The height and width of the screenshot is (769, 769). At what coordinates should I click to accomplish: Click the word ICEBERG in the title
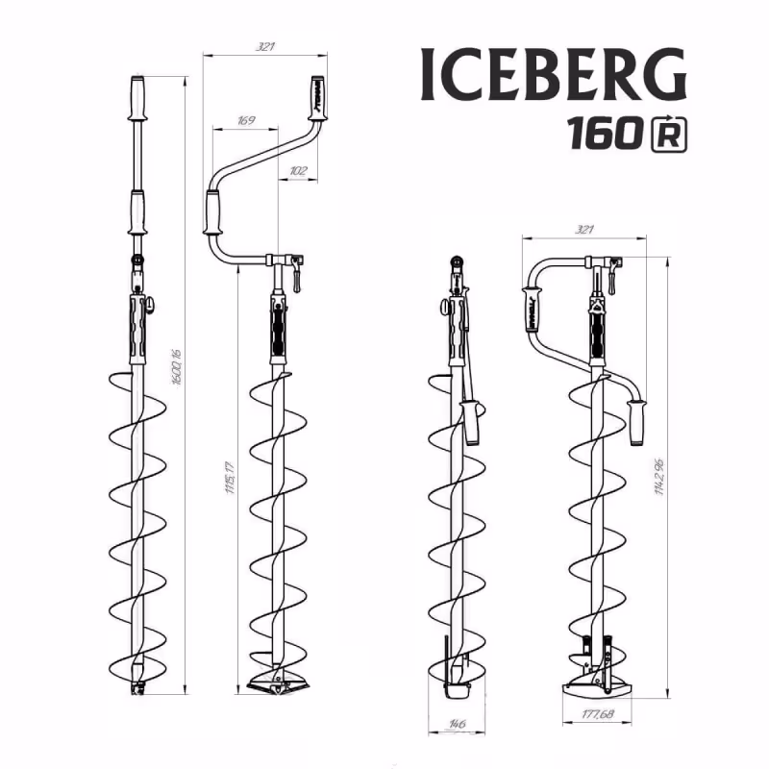pyautogui.click(x=554, y=73)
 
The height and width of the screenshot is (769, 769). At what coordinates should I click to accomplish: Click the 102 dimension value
pyautogui.click(x=297, y=170)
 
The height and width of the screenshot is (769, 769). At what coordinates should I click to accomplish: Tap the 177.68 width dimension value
pyautogui.click(x=598, y=714)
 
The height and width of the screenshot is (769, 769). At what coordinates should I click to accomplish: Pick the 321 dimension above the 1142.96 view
pyautogui.click(x=582, y=229)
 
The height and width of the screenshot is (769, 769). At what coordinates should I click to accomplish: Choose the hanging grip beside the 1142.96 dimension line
pyautogui.click(x=635, y=424)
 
